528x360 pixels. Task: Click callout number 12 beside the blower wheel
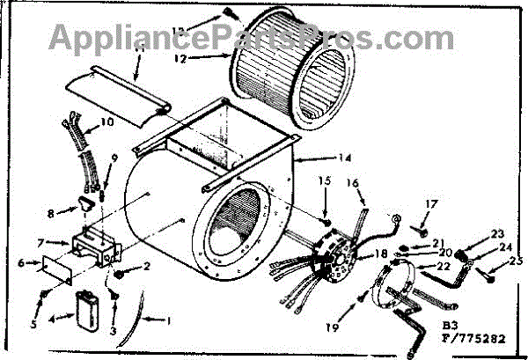[180, 61]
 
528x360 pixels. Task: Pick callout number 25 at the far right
[515, 261]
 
